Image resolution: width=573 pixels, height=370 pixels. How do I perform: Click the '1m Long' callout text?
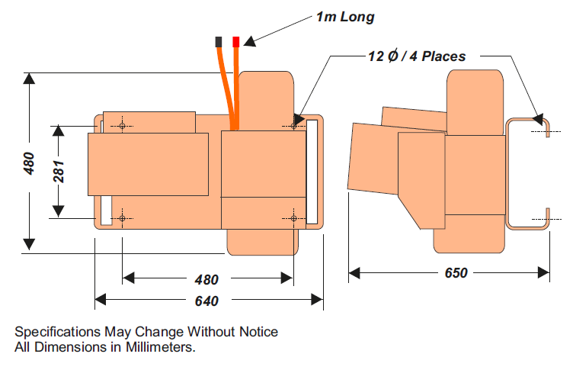[x=344, y=17]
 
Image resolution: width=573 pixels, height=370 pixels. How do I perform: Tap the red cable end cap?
[x=236, y=40]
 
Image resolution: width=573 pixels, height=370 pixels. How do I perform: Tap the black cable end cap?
[x=219, y=40]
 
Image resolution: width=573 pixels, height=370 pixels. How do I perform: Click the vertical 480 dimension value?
[x=29, y=162]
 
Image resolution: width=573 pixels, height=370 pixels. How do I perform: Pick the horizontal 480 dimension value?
[x=206, y=279]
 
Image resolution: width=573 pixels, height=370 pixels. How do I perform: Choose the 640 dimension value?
[x=206, y=301]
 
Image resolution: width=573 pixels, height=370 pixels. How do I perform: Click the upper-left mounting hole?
[x=122, y=126]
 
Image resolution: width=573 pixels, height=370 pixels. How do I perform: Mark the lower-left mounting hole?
[x=122, y=218]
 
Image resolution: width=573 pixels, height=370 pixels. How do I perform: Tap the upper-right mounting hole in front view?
[x=294, y=124]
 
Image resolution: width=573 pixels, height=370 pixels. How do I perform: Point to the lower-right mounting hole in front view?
[x=294, y=218]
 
